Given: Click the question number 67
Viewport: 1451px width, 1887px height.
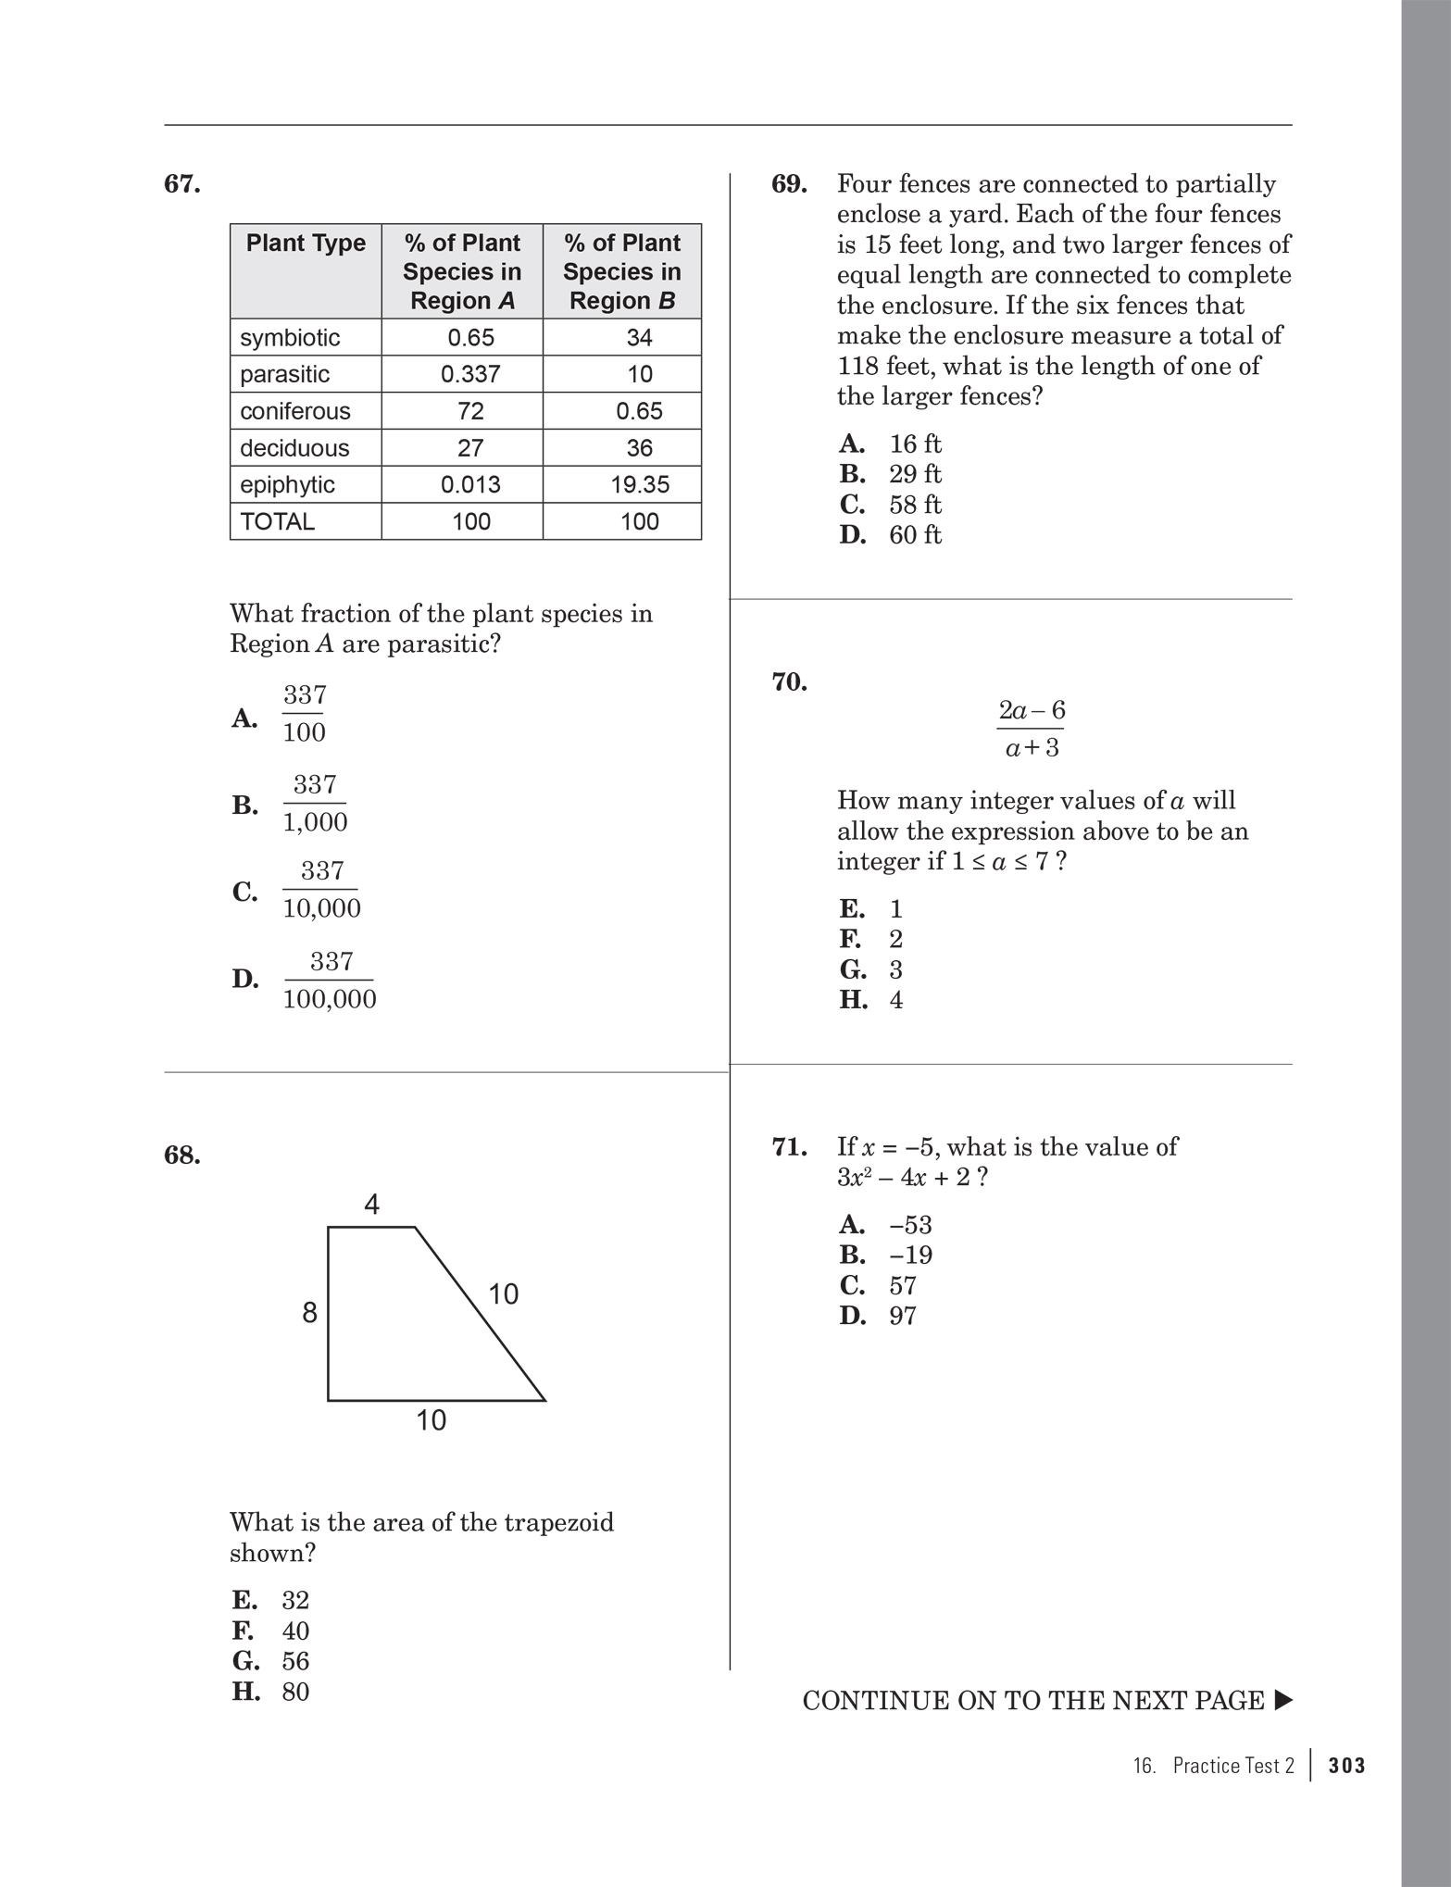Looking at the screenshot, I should tap(182, 184).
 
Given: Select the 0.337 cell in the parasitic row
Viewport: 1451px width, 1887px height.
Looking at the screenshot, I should tap(470, 374).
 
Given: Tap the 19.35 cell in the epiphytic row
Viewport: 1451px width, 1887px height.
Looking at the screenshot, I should tap(640, 484).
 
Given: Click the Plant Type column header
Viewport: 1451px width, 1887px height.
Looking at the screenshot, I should tap(306, 243).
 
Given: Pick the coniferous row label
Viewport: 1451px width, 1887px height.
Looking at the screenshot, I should tap(295, 411).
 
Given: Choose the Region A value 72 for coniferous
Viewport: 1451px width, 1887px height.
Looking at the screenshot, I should tap(470, 411).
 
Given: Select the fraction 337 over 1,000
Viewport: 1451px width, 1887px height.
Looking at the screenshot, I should tap(315, 804).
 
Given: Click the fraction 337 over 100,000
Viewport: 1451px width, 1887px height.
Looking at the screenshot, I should tap(330, 980).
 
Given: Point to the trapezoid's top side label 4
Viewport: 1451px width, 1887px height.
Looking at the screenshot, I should tap(371, 1205).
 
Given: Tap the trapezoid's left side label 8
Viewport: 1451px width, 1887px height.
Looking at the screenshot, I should tap(309, 1313).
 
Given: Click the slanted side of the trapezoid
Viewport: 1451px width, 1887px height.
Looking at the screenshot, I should tap(480, 1314).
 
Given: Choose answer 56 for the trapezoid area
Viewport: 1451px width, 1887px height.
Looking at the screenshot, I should tap(295, 1661).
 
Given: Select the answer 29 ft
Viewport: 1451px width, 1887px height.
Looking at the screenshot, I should tap(915, 474).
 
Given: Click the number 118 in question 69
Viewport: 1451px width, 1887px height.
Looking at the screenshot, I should tap(858, 366).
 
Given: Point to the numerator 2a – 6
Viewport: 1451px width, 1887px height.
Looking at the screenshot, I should tap(1032, 710).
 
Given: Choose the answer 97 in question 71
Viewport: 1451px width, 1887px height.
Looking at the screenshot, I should tap(903, 1316).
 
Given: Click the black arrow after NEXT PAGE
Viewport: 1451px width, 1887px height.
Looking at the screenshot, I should tap(1282, 1701).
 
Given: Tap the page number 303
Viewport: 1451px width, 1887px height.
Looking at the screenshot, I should tap(1346, 1766).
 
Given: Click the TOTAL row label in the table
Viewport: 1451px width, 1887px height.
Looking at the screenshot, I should tap(278, 521).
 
